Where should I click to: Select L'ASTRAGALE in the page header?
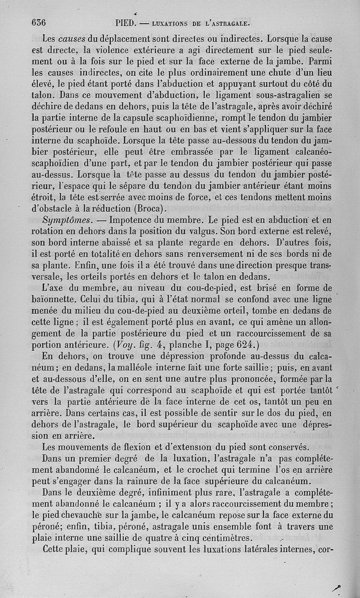tap(228, 23)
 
